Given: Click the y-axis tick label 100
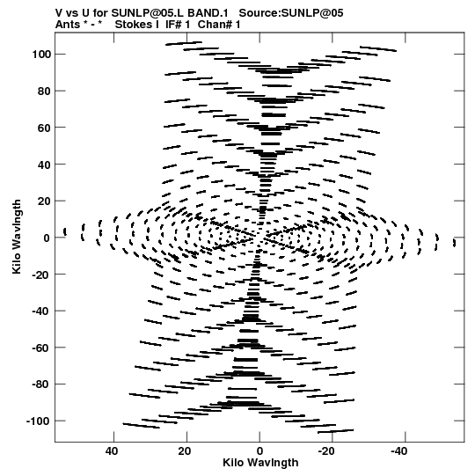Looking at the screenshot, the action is coord(41,55).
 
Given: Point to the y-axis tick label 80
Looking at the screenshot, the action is coord(44,92).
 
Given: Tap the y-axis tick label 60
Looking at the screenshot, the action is coord(44,128).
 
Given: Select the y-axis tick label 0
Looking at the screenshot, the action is coord(47,238).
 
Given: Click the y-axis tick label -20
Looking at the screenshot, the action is coord(41,275).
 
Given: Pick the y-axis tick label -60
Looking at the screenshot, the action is coord(41,348).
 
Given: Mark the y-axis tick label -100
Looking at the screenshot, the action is coord(39,421).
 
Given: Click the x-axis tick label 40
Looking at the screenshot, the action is coord(112,451).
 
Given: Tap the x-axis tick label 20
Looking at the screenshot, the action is coord(185,451).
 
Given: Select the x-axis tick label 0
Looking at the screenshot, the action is coord(259,451).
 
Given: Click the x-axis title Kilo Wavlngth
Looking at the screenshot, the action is coord(260,463).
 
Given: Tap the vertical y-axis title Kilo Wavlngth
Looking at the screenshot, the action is coord(17,237).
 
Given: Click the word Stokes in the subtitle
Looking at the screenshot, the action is coord(133,25).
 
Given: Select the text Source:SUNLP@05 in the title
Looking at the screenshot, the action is coord(291,13).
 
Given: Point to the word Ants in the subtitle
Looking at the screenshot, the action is coord(68,25).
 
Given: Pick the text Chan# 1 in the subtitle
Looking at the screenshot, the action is coord(219,25).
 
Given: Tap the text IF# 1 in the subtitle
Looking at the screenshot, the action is coord(178,25).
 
